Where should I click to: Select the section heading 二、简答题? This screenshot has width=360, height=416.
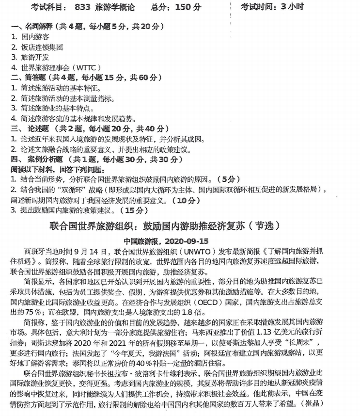point(30,78)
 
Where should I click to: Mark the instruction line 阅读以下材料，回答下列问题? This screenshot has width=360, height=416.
point(56,169)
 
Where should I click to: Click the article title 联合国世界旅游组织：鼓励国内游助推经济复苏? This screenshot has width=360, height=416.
point(165,226)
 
